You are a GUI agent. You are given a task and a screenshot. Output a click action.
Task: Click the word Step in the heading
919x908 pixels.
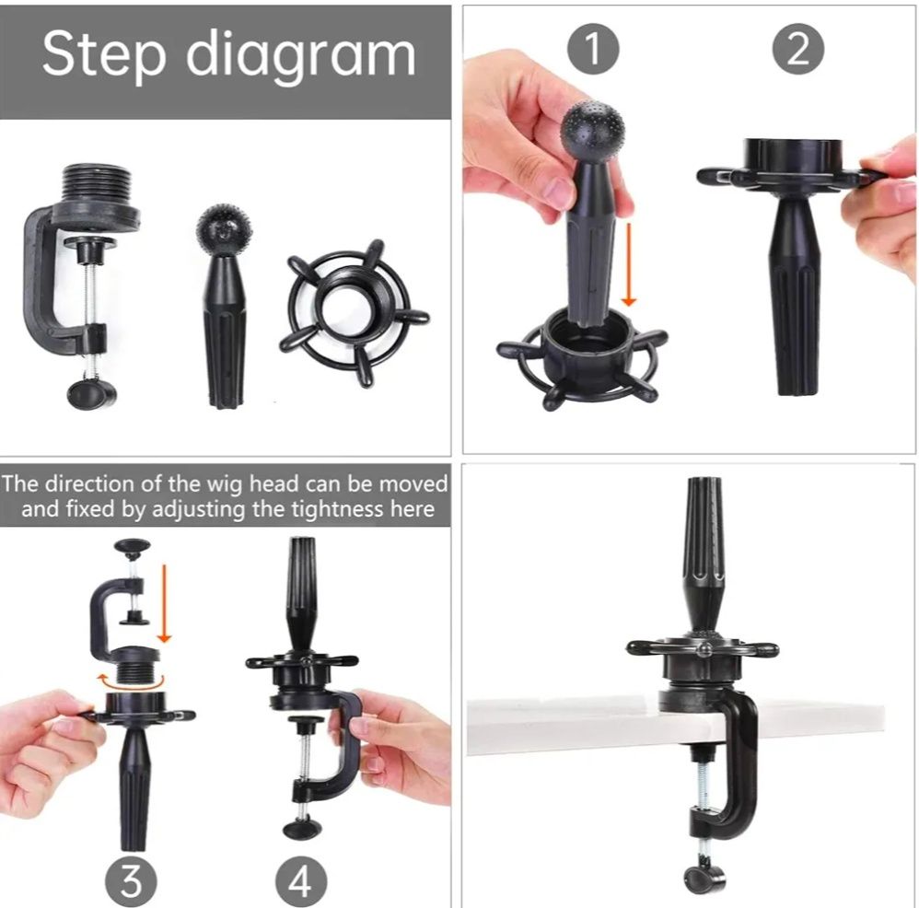(x=104, y=54)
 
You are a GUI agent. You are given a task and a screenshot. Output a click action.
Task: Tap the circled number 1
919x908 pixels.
(x=593, y=49)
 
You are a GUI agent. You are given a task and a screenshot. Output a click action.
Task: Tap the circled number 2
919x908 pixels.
(x=798, y=49)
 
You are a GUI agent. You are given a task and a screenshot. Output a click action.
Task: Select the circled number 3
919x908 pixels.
(x=131, y=881)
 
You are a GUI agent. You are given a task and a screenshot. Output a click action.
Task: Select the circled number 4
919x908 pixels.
(x=301, y=881)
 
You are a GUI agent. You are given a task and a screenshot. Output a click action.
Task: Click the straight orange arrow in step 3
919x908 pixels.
(x=164, y=603)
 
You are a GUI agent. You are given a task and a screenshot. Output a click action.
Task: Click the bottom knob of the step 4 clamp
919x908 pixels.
(x=301, y=829)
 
